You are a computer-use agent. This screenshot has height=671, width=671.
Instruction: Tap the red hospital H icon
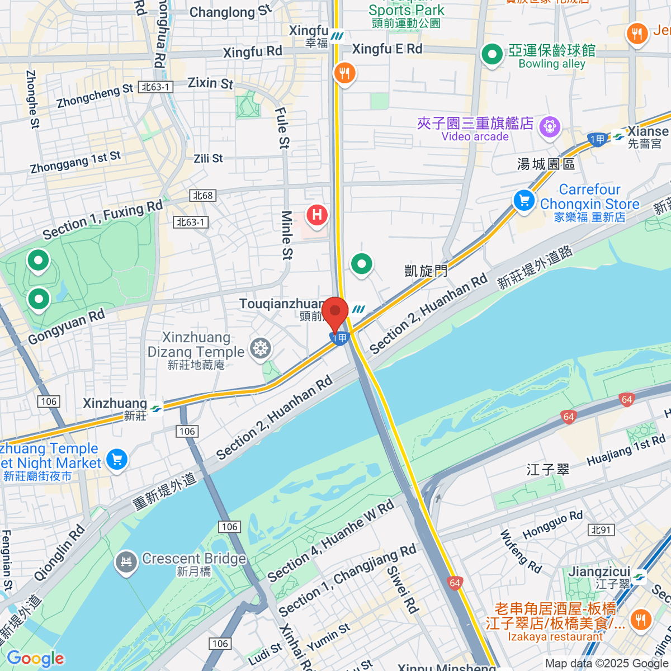[317, 215]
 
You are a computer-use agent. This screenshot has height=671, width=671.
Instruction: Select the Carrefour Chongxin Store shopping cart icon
[524, 200]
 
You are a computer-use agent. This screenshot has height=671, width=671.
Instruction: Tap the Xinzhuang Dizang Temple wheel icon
[261, 348]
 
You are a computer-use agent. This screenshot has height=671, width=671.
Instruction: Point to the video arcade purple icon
[550, 126]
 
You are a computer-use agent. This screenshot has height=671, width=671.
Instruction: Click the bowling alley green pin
[492, 55]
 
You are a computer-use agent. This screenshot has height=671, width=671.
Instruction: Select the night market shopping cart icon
[117, 460]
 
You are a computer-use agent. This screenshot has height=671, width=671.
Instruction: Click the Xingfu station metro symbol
[337, 36]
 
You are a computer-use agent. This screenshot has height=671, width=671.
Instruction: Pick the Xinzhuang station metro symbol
[156, 409]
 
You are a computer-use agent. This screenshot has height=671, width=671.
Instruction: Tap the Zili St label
[208, 159]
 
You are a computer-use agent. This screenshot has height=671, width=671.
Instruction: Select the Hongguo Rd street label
[552, 524]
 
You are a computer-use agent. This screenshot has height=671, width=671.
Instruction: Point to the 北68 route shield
[202, 195]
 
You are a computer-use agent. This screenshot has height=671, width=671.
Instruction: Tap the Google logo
[35, 658]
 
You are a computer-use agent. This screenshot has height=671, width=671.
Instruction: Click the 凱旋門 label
[426, 271]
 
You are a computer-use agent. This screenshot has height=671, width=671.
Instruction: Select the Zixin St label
[210, 83]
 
